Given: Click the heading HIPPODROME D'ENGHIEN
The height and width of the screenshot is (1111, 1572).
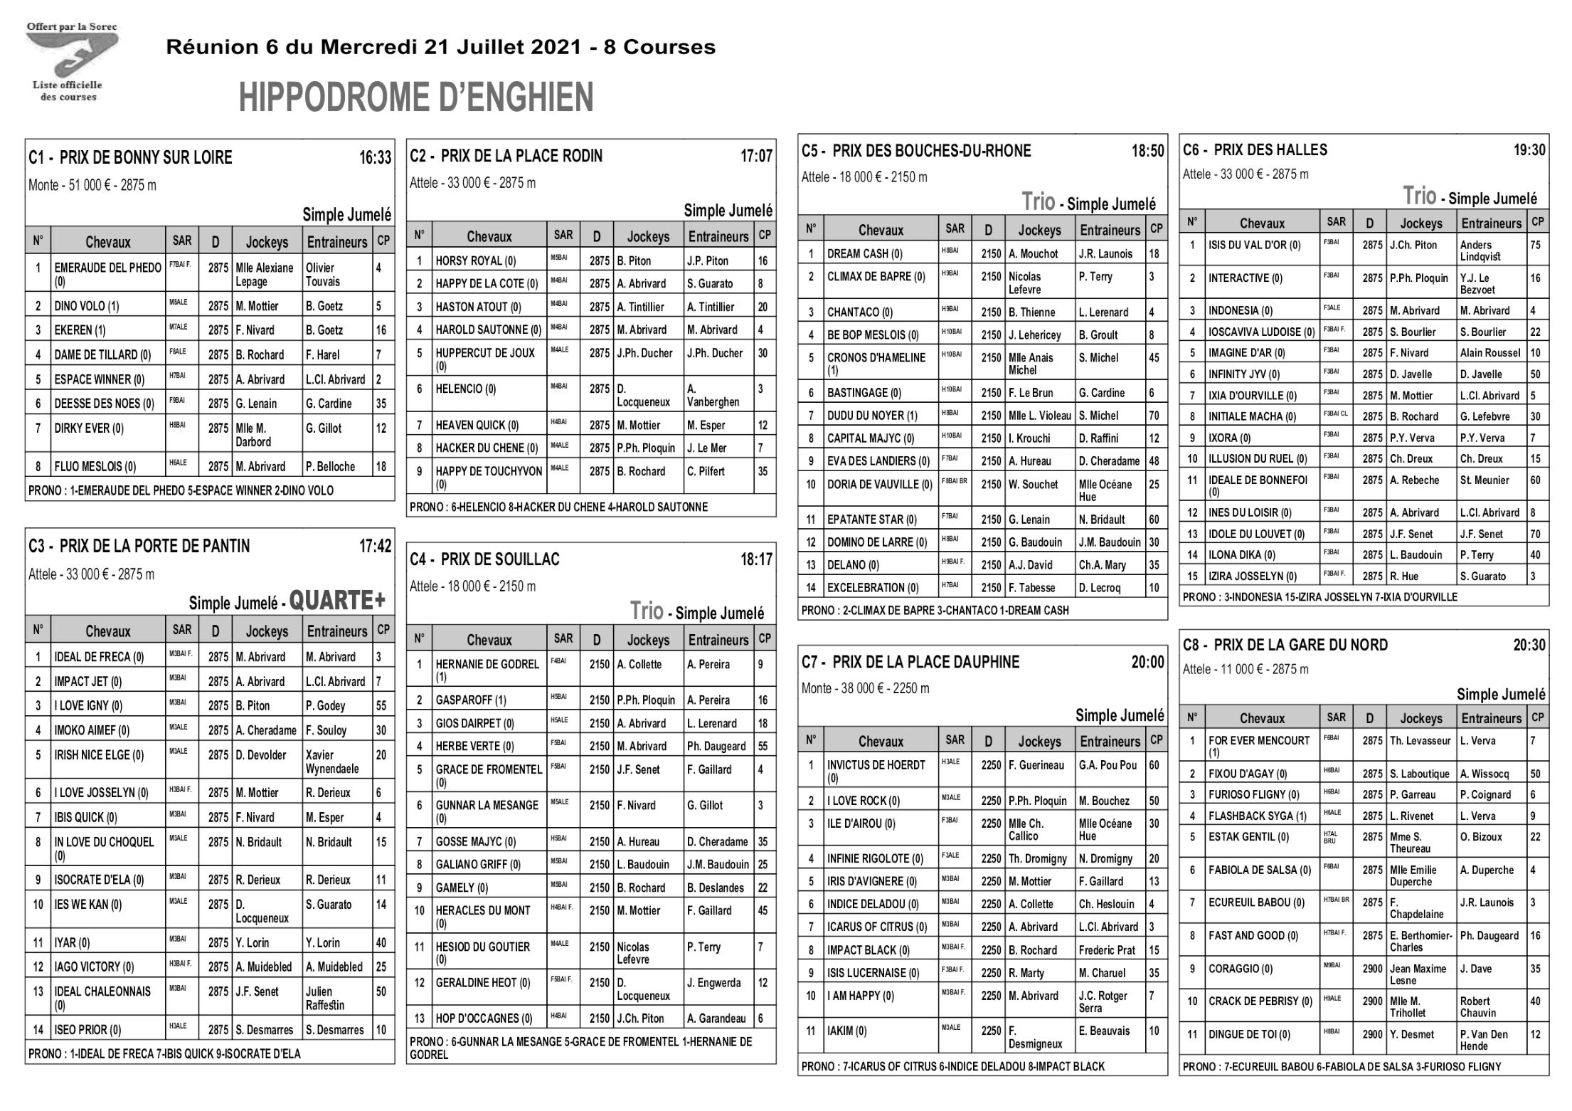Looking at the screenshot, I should (x=415, y=98).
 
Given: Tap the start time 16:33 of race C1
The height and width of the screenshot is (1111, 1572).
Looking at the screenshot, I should (x=375, y=158).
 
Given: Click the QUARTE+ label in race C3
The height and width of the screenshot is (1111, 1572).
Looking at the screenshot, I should (x=336, y=601).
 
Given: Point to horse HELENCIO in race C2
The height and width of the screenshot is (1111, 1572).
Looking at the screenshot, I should (x=466, y=389).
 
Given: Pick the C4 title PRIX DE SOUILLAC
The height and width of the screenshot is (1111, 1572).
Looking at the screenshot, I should (x=499, y=559).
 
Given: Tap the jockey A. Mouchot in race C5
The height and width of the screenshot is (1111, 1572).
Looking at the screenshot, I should (x=1033, y=254).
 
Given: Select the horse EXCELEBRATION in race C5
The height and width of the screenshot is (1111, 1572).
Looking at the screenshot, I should (x=873, y=588).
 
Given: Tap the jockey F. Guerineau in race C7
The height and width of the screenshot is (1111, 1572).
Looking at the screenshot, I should (x=1036, y=765).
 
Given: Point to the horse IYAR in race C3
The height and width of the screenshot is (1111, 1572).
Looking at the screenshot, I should (x=72, y=944).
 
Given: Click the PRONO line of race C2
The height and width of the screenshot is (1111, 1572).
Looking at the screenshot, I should (x=559, y=507).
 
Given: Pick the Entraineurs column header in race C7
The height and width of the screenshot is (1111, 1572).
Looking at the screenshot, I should (x=1110, y=742).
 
